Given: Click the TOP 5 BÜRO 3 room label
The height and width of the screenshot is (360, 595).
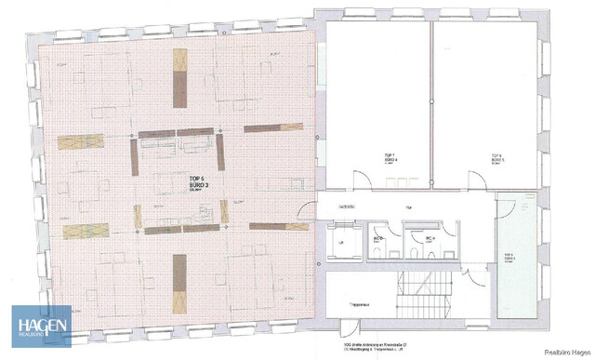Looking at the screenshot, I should (x=196, y=182).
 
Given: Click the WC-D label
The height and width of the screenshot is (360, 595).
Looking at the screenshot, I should (x=379, y=237).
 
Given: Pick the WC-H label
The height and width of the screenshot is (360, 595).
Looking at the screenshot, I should (x=430, y=238).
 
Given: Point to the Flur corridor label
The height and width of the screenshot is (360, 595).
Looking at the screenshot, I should (x=406, y=207).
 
